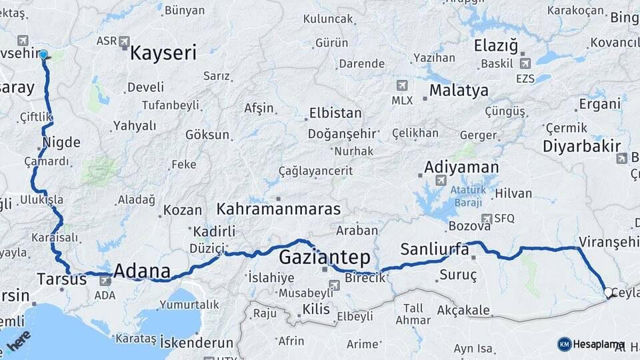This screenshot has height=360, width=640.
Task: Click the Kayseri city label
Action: click(163, 53)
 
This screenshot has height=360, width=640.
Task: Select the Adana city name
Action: click(142, 271)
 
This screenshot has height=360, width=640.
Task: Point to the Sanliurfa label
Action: click(435, 249)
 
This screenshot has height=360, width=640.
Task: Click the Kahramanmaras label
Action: click(279, 209)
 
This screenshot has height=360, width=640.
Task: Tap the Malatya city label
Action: click(459, 90)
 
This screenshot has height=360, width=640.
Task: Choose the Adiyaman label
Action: click(461, 167)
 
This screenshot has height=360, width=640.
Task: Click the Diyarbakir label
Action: click(581, 147)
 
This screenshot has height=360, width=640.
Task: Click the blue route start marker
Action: click(43, 54)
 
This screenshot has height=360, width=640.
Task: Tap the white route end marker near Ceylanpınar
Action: click(608, 292)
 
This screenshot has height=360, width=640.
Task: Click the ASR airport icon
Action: click(124, 41)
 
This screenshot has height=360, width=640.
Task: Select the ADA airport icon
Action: click(105, 281)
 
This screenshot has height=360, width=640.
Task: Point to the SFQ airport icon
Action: click(487, 218)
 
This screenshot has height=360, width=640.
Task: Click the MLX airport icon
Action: click(402, 85)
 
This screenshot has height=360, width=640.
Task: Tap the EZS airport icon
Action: click(525, 63)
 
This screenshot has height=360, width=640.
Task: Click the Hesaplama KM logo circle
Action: click(564, 344)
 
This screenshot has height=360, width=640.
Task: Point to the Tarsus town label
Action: click(62, 279)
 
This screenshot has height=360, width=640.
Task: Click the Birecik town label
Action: click(365, 277)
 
